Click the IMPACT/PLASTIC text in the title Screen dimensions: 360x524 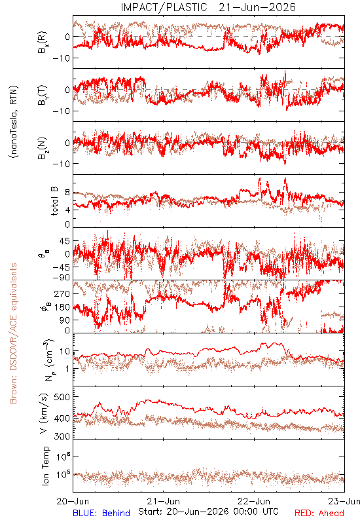(x=164, y=7)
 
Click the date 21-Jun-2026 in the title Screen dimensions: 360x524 (x=257, y=7)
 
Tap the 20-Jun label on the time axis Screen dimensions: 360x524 (x=73, y=501)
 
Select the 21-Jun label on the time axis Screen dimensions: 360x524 (x=163, y=501)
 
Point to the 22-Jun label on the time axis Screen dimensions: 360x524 (x=254, y=501)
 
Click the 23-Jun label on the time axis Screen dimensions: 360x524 (x=344, y=501)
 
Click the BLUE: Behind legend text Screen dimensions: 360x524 (x=101, y=513)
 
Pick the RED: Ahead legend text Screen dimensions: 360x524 (x=319, y=513)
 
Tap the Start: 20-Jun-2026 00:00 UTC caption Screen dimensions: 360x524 (x=208, y=512)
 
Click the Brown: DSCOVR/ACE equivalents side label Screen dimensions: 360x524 (x=13, y=333)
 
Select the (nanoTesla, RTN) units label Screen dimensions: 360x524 (x=14, y=121)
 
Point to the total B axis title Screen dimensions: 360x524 (x=54, y=201)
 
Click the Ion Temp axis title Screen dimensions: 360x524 (x=45, y=466)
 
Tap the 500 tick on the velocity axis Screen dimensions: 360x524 (x=62, y=397)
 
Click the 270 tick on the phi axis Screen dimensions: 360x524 (x=62, y=293)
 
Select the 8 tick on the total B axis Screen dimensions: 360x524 (x=67, y=193)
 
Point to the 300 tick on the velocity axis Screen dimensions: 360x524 (x=62, y=436)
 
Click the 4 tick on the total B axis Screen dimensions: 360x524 (x=67, y=210)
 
